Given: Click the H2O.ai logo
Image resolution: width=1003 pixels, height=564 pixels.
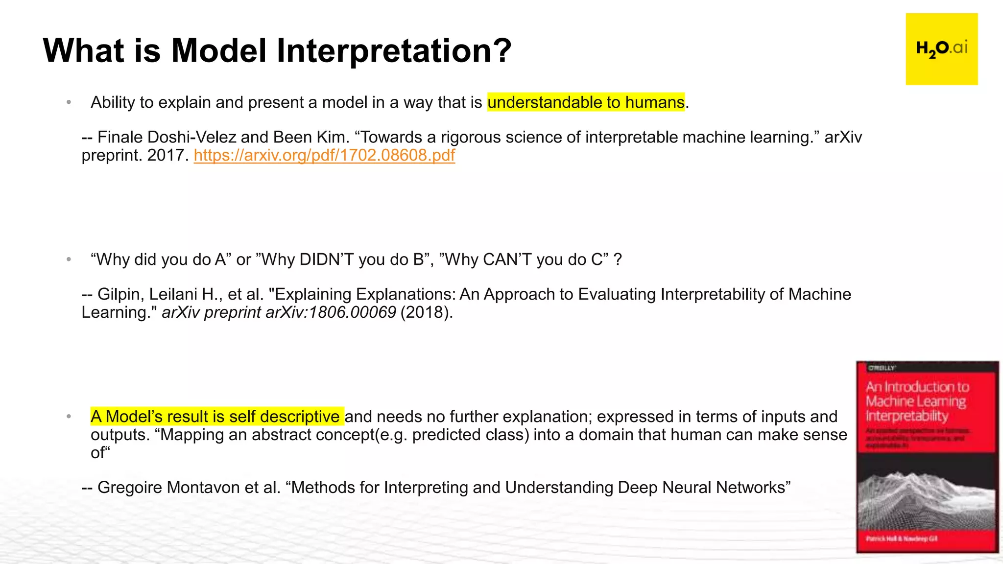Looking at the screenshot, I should (941, 49).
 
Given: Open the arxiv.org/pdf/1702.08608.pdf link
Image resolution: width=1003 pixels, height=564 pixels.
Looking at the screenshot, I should (324, 155).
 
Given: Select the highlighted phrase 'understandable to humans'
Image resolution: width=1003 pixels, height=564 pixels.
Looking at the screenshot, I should (586, 102).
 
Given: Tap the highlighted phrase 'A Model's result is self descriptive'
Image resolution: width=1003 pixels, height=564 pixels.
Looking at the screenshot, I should (217, 417).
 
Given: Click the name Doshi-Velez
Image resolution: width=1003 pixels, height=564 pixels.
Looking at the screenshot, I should (192, 137).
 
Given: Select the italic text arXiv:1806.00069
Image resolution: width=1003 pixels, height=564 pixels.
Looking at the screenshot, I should (331, 312).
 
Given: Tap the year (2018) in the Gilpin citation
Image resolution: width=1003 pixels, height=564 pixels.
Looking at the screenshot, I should (426, 312).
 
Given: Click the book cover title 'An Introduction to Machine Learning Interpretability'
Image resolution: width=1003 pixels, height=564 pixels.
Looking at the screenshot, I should (916, 401).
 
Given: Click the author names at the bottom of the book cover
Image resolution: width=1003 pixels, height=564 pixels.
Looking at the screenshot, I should (901, 539).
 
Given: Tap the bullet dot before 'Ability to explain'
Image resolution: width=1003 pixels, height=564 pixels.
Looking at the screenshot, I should (69, 102).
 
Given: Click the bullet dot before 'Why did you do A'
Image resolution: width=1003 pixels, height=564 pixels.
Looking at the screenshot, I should (69, 259).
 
